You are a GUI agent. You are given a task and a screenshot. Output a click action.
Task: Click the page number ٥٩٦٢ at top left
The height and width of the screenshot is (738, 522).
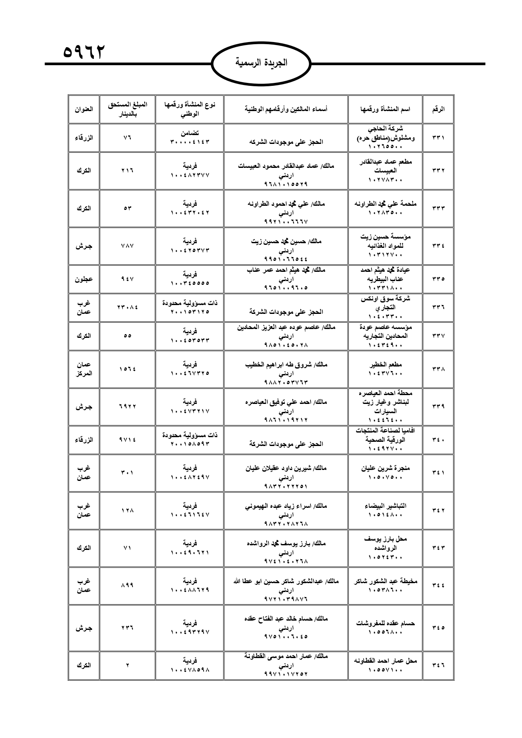(84, 52)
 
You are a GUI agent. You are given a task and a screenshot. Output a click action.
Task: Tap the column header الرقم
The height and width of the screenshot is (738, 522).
(438, 109)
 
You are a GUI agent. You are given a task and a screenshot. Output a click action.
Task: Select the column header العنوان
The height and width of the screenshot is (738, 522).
(84, 109)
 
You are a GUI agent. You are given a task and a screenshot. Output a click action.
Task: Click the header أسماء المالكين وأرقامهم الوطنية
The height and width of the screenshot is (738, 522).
(286, 109)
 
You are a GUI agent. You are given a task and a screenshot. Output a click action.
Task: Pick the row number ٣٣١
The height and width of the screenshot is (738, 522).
(438, 138)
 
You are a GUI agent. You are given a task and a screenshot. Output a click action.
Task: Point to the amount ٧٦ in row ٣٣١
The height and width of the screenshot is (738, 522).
(127, 138)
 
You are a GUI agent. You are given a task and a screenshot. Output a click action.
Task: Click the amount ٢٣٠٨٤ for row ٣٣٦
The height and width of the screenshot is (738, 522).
(127, 307)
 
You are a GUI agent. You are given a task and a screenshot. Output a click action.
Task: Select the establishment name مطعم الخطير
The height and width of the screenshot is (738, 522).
(386, 364)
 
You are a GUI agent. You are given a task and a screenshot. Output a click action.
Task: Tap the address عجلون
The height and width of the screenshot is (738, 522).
(84, 279)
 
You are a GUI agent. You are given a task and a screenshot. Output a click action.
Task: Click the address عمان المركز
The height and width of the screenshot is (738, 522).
(84, 369)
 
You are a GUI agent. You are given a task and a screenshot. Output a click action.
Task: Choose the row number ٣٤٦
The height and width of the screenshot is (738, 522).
(438, 665)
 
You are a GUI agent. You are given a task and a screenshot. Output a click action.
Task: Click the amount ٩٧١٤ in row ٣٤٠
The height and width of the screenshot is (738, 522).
(127, 440)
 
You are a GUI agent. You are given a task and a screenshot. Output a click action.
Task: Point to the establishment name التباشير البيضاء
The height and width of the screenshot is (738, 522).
(386, 506)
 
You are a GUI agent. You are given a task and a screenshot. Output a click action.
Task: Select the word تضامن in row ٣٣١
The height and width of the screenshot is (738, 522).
(190, 133)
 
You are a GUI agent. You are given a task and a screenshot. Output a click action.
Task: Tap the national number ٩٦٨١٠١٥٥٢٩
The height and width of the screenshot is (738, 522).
(286, 184)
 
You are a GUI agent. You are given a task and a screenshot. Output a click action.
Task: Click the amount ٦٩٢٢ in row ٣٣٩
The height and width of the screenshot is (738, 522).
(127, 406)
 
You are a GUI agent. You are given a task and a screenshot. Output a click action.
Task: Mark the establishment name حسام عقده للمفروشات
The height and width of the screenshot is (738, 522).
(386, 623)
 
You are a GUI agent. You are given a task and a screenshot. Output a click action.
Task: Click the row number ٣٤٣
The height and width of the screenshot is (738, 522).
(438, 548)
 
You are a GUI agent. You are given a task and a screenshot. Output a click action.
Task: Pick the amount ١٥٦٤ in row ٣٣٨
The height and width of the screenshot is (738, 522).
(127, 369)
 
